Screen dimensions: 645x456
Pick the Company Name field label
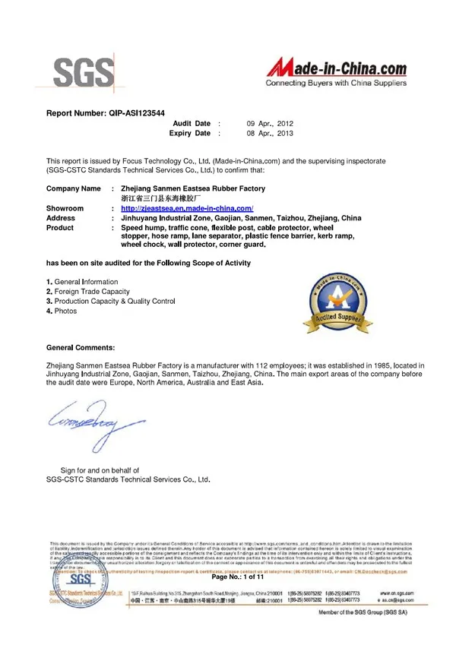click(x=73, y=188)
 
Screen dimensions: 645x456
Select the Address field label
click(x=61, y=217)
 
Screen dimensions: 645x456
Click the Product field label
click(x=60, y=227)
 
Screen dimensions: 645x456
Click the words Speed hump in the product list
click(x=145, y=227)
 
